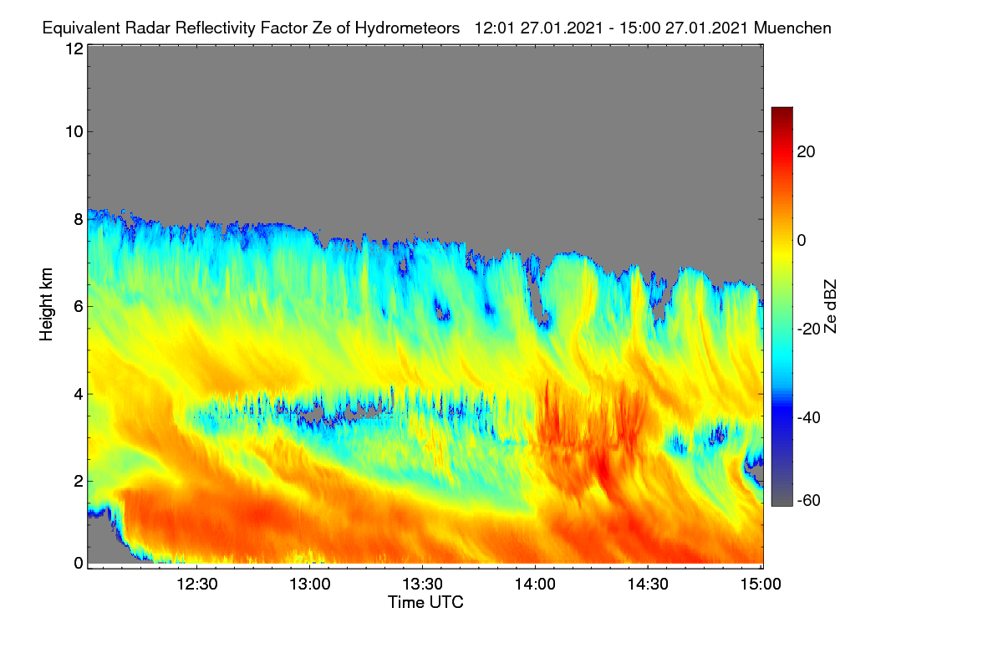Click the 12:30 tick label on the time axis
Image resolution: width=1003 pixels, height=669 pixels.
coord(197,585)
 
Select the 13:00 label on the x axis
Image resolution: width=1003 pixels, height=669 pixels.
coord(310,585)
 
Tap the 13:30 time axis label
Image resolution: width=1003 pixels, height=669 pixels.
coord(422,585)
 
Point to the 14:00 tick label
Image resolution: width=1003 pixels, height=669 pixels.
coord(535,585)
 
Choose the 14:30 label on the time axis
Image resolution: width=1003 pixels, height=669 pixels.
coord(648,585)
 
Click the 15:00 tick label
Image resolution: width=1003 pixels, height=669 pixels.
coord(761,585)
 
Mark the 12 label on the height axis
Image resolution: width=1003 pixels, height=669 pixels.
coord(74,49)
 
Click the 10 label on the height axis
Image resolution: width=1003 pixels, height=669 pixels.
coord(74,132)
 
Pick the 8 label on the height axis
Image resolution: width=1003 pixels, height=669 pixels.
coord(79,220)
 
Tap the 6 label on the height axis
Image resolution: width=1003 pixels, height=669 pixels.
coord(79,307)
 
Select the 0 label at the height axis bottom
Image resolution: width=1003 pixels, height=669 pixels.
coord(79,563)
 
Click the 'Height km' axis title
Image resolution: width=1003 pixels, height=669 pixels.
coord(46,304)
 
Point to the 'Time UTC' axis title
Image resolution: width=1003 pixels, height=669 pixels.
coord(425,602)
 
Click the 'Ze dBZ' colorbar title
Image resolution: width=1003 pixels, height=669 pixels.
coord(830,307)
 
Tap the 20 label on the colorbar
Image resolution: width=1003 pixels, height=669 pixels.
coord(806,152)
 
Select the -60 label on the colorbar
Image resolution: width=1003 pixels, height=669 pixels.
coord(809,501)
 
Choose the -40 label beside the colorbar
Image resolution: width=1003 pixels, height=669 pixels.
coord(809,417)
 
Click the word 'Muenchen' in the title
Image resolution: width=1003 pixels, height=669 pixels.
coord(792,28)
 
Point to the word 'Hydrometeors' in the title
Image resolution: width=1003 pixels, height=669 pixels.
coord(408,29)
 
